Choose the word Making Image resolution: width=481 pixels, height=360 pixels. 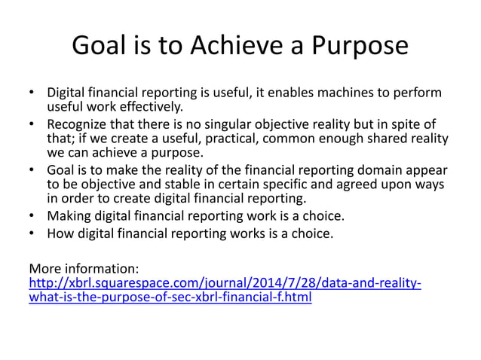(68, 217)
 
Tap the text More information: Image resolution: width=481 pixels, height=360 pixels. (83, 268)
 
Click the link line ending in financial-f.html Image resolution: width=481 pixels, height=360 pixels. (170, 297)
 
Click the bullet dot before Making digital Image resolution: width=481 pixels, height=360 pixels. (32, 217)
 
